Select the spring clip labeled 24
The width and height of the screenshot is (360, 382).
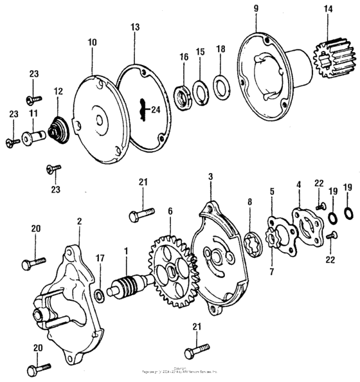[148, 109]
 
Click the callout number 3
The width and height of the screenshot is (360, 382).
[210, 175]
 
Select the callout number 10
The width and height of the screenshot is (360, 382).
[93, 42]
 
